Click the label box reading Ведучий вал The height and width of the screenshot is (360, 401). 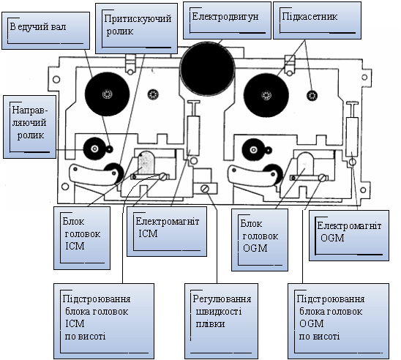[46, 31]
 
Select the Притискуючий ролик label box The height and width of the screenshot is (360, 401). [137, 29]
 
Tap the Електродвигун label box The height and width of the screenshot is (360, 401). [227, 20]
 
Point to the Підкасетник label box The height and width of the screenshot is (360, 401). [317, 20]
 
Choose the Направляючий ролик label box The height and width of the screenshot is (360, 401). [30, 127]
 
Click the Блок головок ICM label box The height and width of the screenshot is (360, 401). [82, 238]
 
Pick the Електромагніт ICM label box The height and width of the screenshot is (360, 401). [167, 231]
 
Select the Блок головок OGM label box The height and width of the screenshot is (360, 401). [260, 240]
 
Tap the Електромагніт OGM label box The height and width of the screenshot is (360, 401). [349, 236]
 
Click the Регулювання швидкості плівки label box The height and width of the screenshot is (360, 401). [221, 321]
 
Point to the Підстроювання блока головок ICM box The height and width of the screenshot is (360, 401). [104, 321]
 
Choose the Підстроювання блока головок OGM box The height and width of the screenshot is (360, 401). [338, 321]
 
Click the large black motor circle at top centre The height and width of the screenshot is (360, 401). [207, 69]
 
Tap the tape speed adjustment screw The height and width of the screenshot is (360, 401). [205, 189]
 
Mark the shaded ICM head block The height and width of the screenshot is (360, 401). [146, 162]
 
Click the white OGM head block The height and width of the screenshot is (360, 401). [305, 164]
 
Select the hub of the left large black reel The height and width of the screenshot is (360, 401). [107, 94]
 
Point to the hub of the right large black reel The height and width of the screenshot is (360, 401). [266, 95]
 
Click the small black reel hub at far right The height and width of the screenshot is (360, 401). [312, 95]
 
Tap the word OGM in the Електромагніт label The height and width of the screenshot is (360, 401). [332, 238]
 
